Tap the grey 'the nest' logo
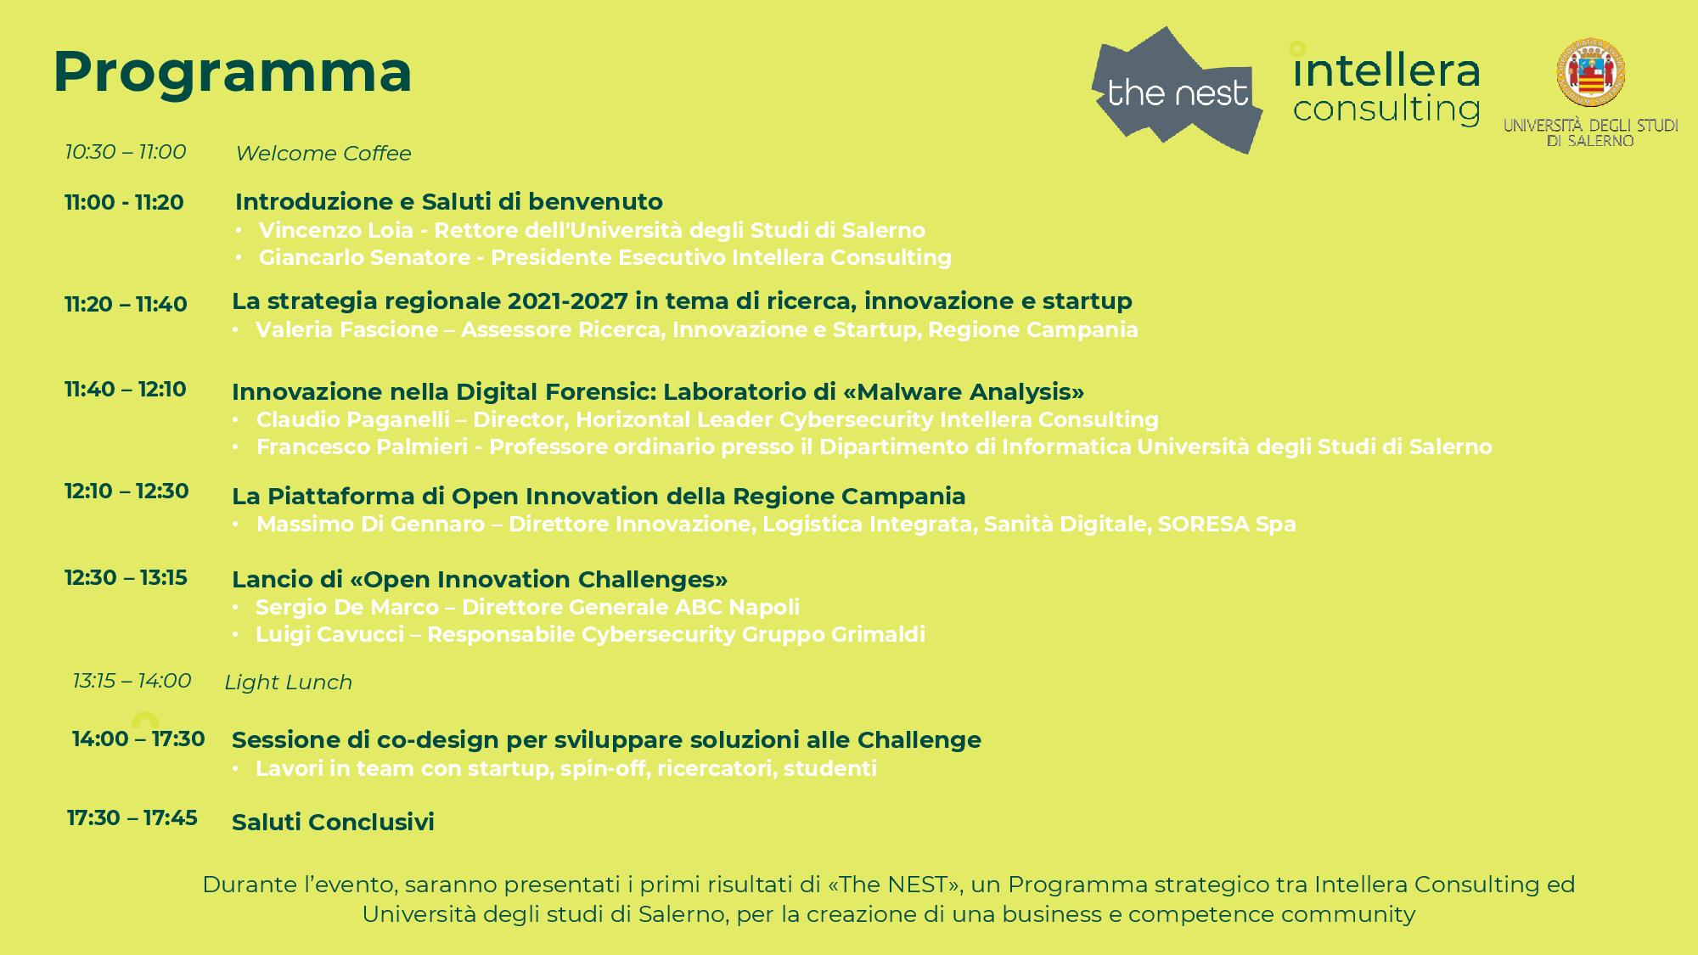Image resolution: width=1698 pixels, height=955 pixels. point(1177,90)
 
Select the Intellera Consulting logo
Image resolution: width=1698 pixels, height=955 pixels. point(1385,85)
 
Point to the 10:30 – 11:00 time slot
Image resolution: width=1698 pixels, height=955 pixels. point(126,152)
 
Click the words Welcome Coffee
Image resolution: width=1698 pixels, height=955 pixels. point(323,154)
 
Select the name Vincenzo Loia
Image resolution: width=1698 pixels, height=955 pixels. point(336,230)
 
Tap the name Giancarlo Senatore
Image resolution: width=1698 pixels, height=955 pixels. point(364,257)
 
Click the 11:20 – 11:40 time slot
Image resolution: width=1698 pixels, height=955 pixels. point(126,304)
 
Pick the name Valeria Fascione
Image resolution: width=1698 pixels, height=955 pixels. point(346,329)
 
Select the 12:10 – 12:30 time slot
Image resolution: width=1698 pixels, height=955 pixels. point(127,491)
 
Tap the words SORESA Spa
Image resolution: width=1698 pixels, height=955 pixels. point(1227,524)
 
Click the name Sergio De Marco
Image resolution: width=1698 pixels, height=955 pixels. point(347,607)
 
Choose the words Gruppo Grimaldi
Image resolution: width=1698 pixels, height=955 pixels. point(834,634)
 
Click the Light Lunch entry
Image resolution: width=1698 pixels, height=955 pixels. point(288,683)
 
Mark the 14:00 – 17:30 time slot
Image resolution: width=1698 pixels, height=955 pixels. point(138,739)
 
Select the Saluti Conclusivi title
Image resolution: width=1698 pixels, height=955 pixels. point(333,822)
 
